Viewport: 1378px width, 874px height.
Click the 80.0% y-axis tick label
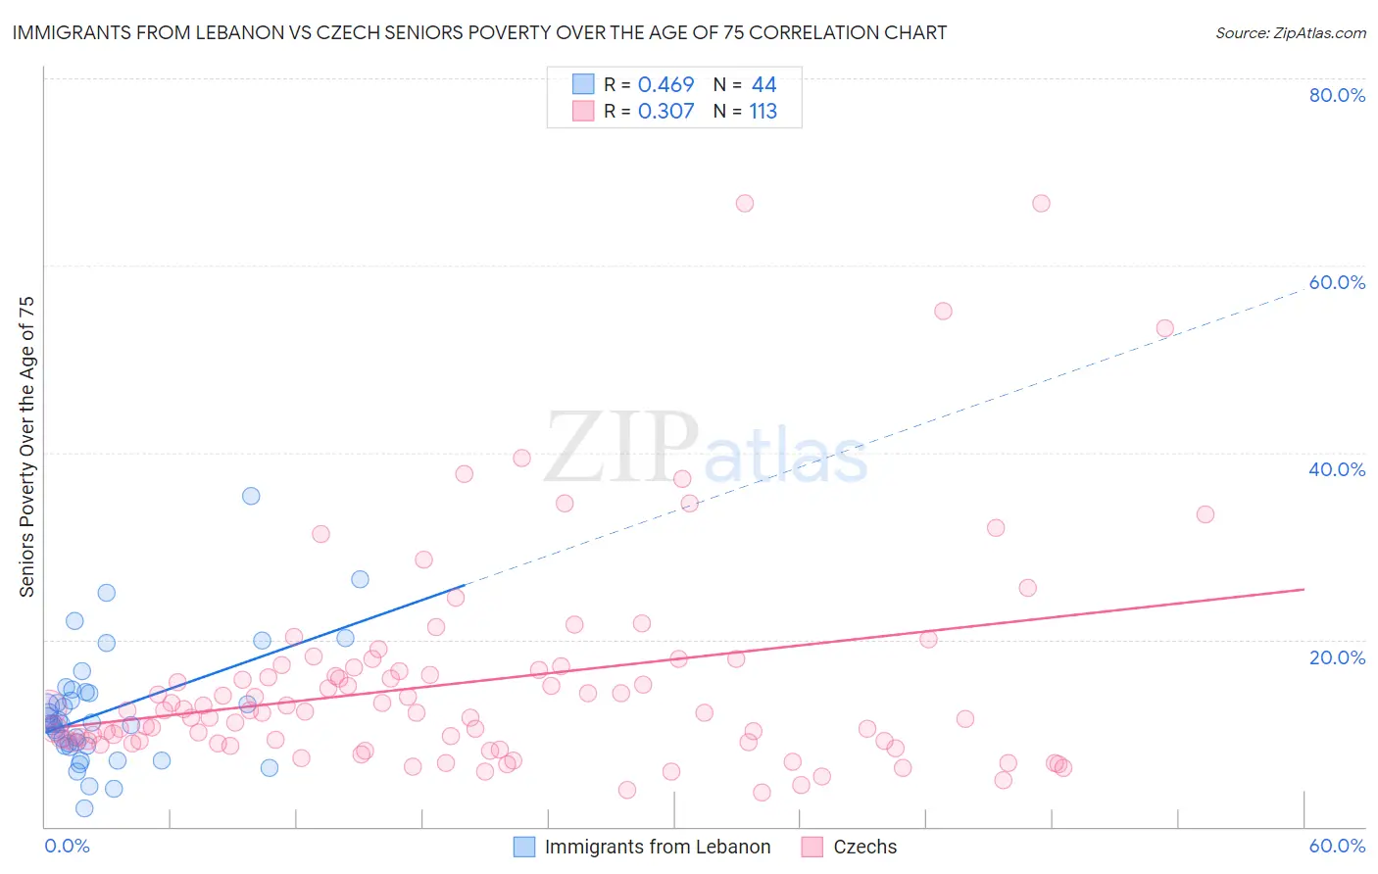tap(1337, 95)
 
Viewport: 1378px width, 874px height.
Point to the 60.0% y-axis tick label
tap(1337, 282)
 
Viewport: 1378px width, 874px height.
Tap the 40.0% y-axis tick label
tap(1337, 469)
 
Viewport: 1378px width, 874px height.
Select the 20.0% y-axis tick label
tap(1337, 657)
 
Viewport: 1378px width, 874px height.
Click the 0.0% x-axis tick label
tap(67, 846)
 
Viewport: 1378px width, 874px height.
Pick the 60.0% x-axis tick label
tap(1337, 846)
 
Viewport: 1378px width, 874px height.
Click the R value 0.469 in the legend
tap(665, 85)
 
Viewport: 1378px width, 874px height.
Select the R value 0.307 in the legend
tap(665, 112)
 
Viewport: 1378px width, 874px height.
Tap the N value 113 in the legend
tap(763, 112)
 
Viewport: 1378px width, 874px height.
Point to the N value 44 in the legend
tap(763, 85)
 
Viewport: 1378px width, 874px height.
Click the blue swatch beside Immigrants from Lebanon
tap(524, 847)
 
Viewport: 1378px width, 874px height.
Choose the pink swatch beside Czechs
tap(812, 847)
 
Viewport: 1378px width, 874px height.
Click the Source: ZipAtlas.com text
tap(1290, 33)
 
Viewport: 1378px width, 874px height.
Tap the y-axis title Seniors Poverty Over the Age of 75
tap(27, 447)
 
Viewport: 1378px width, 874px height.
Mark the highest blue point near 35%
tap(251, 496)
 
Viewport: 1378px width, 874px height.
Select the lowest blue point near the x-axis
tap(84, 808)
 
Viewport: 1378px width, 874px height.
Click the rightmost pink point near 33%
tap(1206, 514)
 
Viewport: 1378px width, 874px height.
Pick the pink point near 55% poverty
tap(943, 311)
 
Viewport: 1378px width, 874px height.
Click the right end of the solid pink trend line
tap(1304, 589)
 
